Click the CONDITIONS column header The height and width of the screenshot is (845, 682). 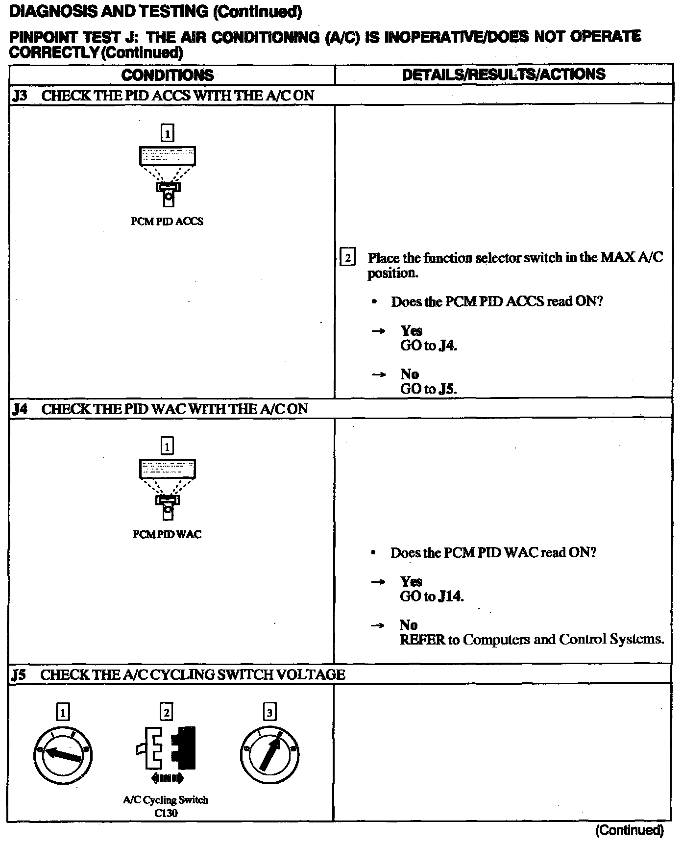pyautogui.click(x=168, y=75)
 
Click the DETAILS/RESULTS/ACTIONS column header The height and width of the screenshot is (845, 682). pyautogui.click(x=503, y=75)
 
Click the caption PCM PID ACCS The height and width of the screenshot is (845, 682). pyautogui.click(x=167, y=222)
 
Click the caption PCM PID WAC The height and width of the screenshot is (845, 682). pyautogui.click(x=167, y=534)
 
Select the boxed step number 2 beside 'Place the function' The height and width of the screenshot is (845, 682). pyautogui.click(x=347, y=258)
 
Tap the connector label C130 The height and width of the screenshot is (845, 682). pyautogui.click(x=165, y=813)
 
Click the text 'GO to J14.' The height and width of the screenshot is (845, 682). pyautogui.click(x=432, y=596)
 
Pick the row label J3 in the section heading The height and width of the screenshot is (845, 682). pyautogui.click(x=20, y=96)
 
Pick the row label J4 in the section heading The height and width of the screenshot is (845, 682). pyautogui.click(x=20, y=409)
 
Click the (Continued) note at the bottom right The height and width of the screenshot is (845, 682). pyautogui.click(x=629, y=830)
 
